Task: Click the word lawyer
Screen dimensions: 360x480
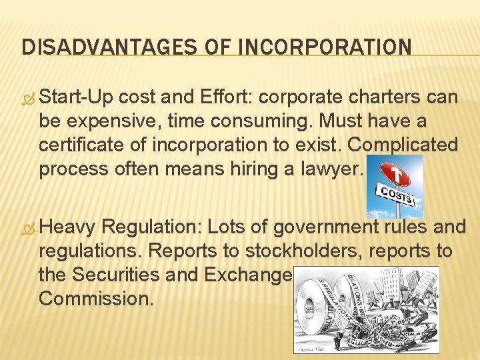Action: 329,169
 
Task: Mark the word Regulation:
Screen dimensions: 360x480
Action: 153,227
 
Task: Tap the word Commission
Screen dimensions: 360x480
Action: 96,298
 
